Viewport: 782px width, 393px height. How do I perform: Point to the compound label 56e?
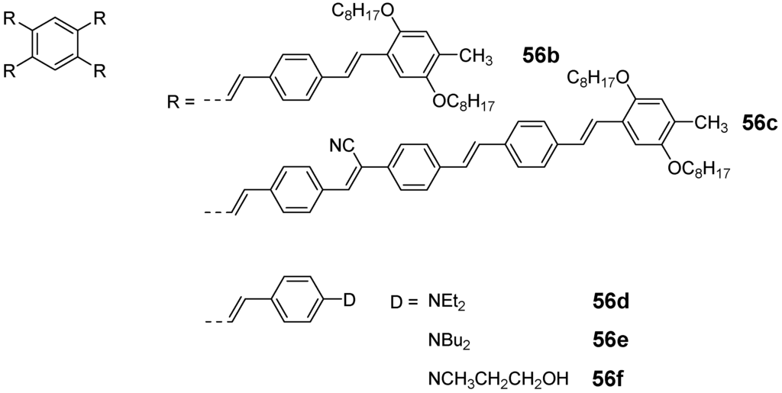coord(610,340)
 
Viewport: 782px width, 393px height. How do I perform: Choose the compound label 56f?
coord(609,376)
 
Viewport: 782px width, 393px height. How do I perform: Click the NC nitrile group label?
coord(341,143)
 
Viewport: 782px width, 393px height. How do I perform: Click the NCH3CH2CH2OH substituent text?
coord(499,376)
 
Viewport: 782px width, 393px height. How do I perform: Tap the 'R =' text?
coord(183,99)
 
